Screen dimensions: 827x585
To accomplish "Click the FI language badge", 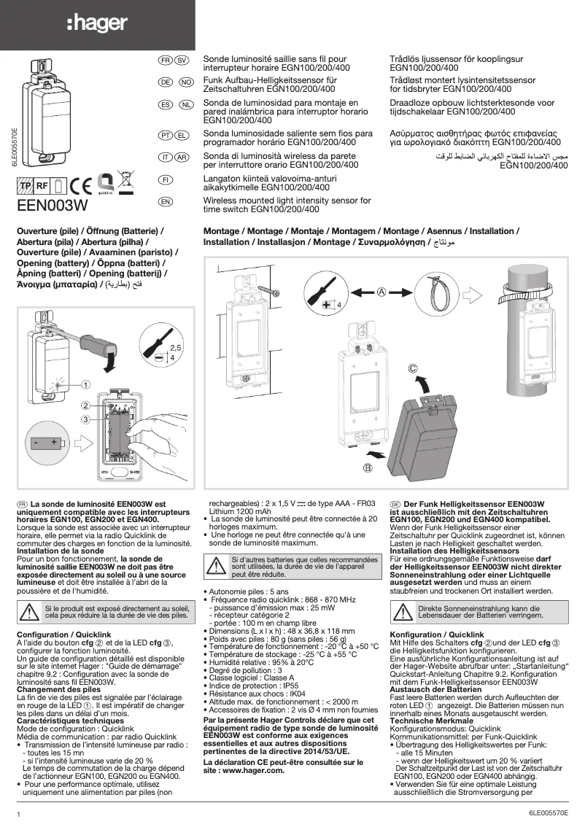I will coord(166,179).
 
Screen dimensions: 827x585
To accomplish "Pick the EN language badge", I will coord(166,201).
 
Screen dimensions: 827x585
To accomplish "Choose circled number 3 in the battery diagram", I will coord(85,419).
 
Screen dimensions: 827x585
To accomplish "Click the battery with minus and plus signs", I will coord(45,443).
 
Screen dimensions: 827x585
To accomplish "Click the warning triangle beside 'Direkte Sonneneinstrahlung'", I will coord(403,611).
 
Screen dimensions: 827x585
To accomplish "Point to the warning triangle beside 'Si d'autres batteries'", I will coord(217,566).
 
